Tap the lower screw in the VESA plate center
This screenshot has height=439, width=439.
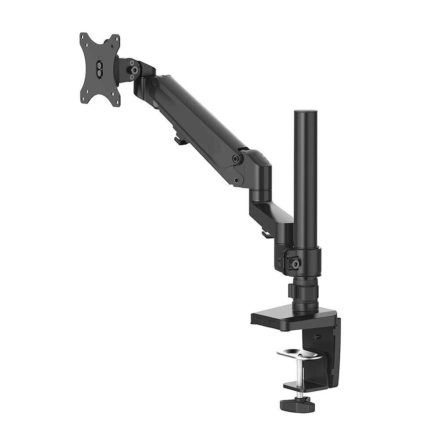pos(100,71)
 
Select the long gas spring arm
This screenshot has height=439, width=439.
pos(198,119)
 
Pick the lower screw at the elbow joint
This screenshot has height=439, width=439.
pos(237,180)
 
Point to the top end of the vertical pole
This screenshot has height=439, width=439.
pos(306,112)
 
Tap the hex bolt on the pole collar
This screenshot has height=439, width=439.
pos(296,264)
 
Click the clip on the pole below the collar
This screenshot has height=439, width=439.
pos(292,291)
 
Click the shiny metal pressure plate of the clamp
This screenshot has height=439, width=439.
pos(299,354)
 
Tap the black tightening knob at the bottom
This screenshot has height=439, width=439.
pos(298,403)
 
